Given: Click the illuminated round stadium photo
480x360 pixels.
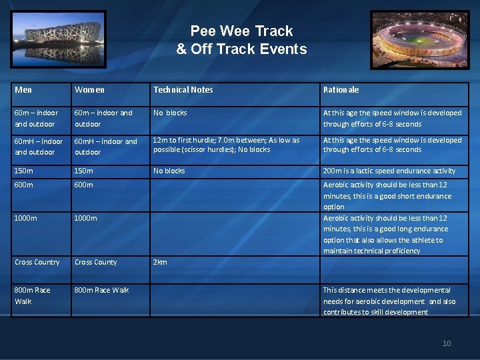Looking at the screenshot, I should click(419, 39).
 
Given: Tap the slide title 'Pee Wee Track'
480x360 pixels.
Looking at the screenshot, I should click(241, 31).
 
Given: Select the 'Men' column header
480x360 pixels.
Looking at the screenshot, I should click(23, 89).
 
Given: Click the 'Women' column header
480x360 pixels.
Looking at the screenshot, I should click(89, 89).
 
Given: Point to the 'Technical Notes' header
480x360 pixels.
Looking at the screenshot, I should click(183, 89).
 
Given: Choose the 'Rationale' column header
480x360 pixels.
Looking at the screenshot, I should click(341, 89).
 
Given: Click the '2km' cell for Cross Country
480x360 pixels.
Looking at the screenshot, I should click(160, 262).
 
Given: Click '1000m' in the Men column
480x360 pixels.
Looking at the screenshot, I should click(27, 218).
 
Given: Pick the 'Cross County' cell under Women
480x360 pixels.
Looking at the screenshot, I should click(95, 262).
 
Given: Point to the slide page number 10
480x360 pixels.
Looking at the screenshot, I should click(447, 343).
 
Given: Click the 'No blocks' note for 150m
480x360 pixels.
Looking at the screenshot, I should click(169, 171).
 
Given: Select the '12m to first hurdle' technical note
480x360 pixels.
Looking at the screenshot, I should click(226, 145).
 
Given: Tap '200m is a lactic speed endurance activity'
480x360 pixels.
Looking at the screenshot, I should click(389, 171).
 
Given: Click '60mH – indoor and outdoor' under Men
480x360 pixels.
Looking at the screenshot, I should click(39, 147).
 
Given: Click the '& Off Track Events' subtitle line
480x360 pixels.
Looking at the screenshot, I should click(241, 49).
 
